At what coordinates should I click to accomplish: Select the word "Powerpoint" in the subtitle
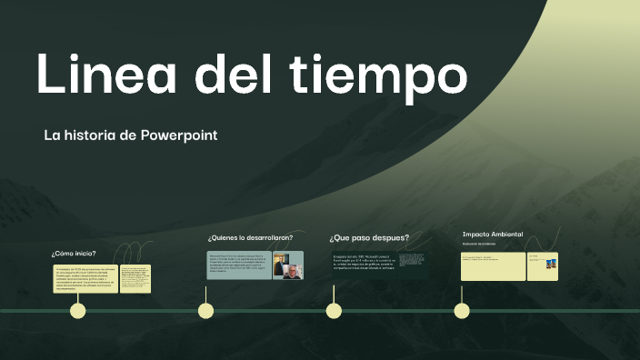click(179, 135)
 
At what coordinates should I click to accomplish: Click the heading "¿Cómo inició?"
click(74, 254)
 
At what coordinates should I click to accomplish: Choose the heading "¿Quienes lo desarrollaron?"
click(250, 237)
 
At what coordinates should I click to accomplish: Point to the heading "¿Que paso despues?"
click(369, 238)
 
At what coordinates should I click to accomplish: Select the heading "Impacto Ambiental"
click(493, 235)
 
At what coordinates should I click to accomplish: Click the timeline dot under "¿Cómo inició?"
click(78, 311)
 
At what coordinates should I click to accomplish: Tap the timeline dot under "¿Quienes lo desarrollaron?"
click(206, 311)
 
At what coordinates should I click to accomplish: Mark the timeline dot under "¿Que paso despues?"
click(334, 311)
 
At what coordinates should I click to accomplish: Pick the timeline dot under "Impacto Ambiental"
click(462, 311)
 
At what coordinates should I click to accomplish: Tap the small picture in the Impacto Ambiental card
click(551, 265)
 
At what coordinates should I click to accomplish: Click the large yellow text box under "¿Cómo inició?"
click(85, 279)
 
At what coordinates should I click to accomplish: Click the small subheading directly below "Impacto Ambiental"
click(477, 244)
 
